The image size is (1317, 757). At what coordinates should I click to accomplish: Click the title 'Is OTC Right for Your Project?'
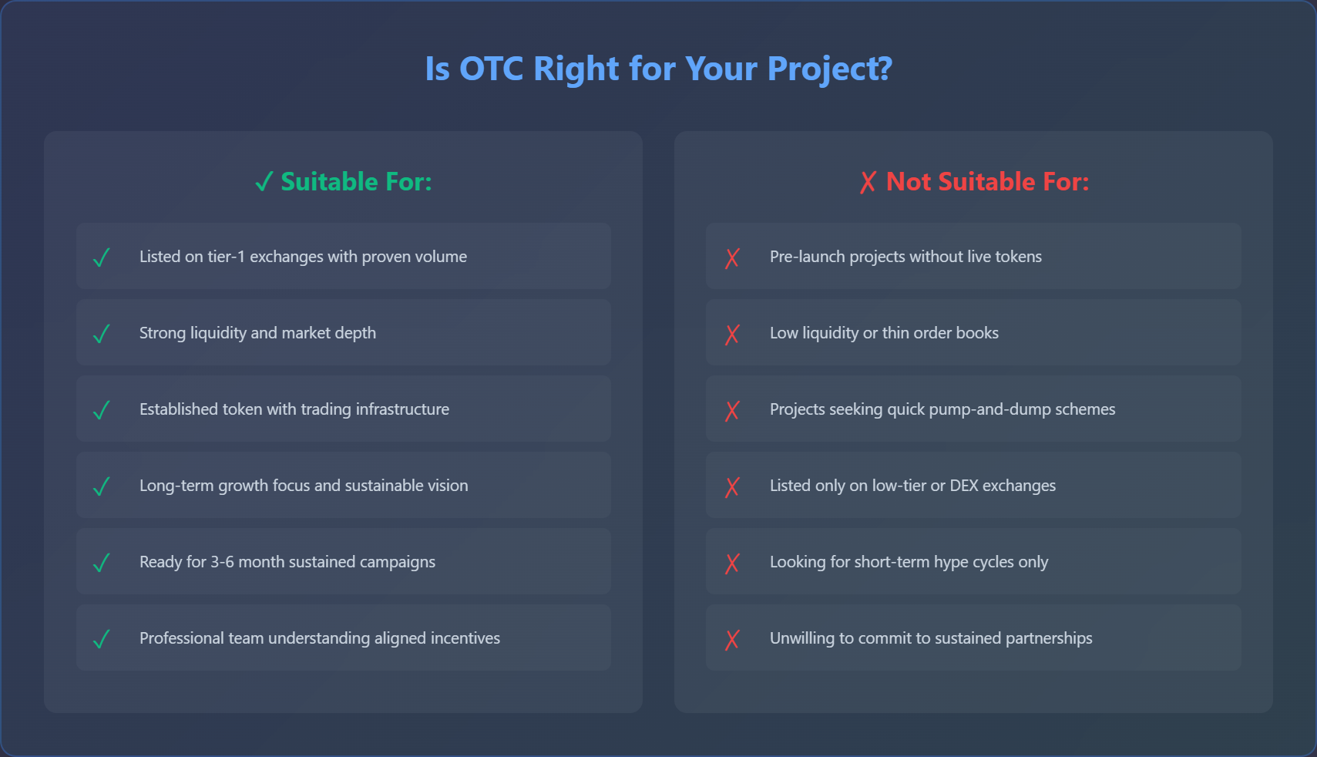pyautogui.click(x=658, y=69)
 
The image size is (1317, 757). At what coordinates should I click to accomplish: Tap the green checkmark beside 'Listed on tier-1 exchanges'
pyautogui.click(x=101, y=257)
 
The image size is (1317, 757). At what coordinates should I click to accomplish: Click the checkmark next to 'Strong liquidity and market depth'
pyautogui.click(x=101, y=334)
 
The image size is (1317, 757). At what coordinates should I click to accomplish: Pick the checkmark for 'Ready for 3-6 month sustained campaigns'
pyautogui.click(x=101, y=563)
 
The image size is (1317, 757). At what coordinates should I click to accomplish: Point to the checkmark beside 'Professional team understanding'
pyautogui.click(x=101, y=639)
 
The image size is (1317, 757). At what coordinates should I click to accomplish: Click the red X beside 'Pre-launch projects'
pyautogui.click(x=732, y=257)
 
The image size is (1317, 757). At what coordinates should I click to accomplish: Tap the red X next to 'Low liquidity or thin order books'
pyautogui.click(x=732, y=334)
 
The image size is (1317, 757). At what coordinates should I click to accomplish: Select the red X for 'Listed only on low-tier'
pyautogui.click(x=732, y=486)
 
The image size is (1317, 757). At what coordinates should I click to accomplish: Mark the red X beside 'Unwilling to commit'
pyautogui.click(x=732, y=639)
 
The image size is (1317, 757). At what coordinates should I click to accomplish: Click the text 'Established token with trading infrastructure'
pyautogui.click(x=294, y=409)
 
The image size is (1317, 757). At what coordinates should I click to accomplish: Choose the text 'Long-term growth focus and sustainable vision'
pyautogui.click(x=304, y=486)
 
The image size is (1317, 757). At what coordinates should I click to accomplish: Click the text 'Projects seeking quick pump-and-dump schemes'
pyautogui.click(x=942, y=409)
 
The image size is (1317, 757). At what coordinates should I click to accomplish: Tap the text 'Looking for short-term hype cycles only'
pyautogui.click(x=909, y=562)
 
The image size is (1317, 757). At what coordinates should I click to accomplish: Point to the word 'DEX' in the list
pyautogui.click(x=964, y=486)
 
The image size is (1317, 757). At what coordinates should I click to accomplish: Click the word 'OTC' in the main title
pyautogui.click(x=491, y=69)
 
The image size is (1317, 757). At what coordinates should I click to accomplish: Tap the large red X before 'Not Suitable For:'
pyautogui.click(x=868, y=183)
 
